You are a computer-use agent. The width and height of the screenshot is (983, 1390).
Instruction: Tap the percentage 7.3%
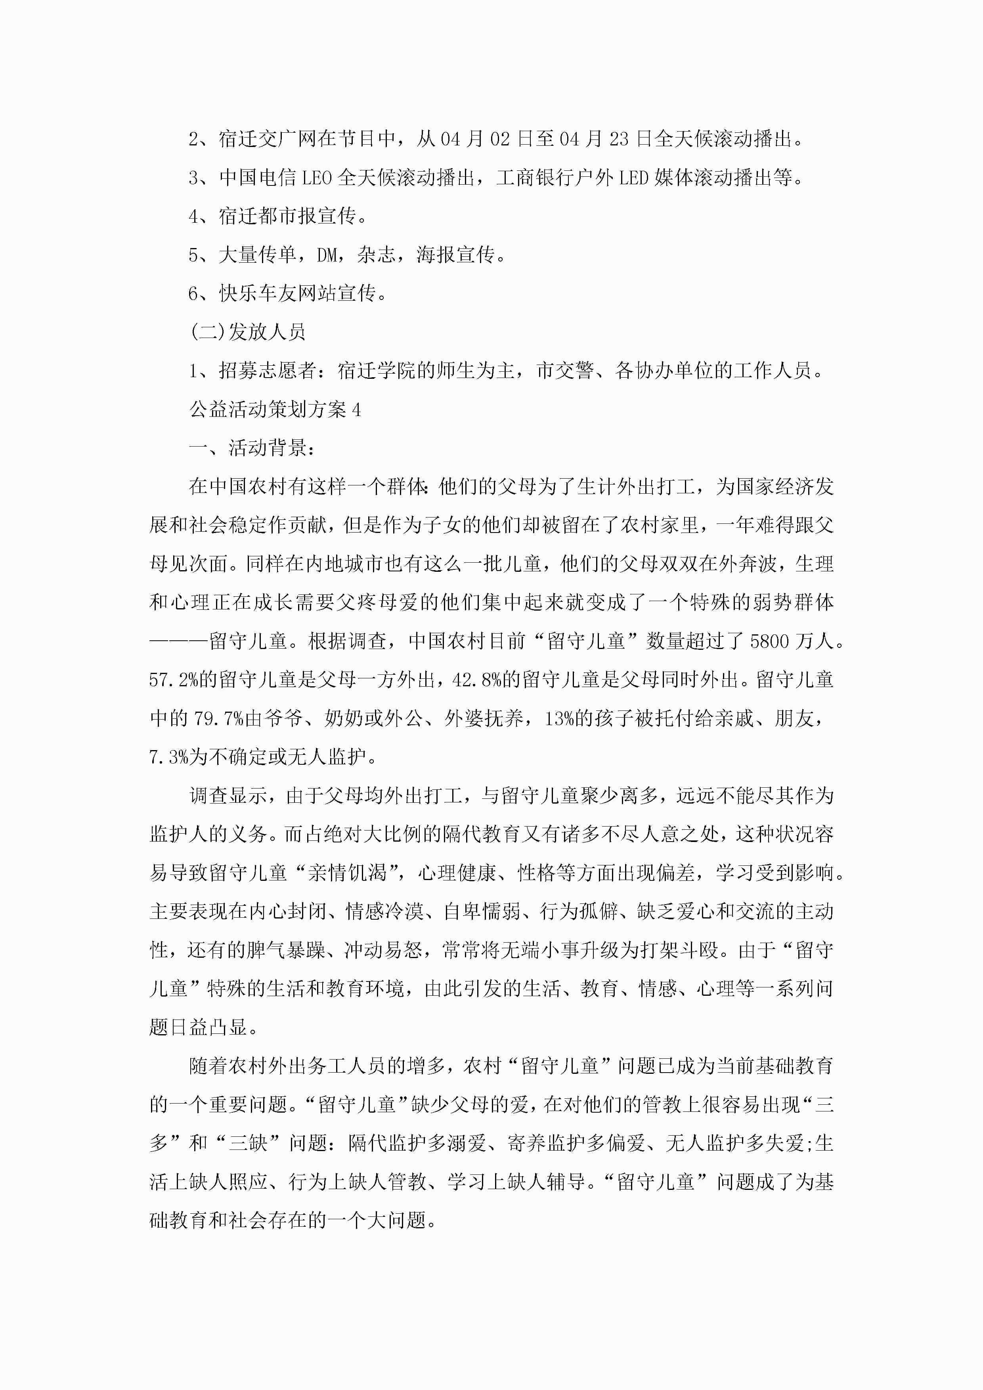(169, 757)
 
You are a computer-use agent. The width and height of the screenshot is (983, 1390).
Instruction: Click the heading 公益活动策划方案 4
(275, 410)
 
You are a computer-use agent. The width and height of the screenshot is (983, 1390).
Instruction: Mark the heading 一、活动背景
(252, 449)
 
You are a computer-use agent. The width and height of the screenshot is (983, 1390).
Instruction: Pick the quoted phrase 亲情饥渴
(347, 873)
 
